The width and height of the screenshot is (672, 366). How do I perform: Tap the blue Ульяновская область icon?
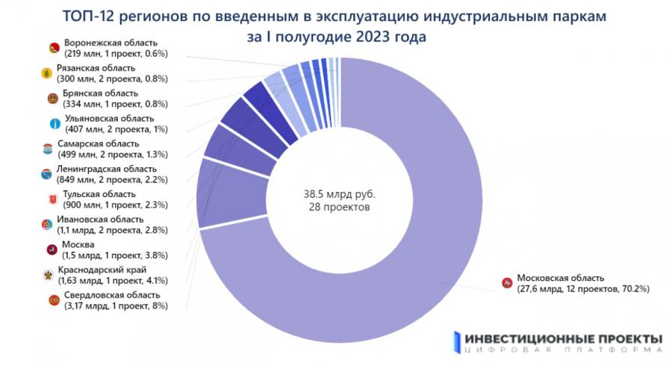pos(53,123)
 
